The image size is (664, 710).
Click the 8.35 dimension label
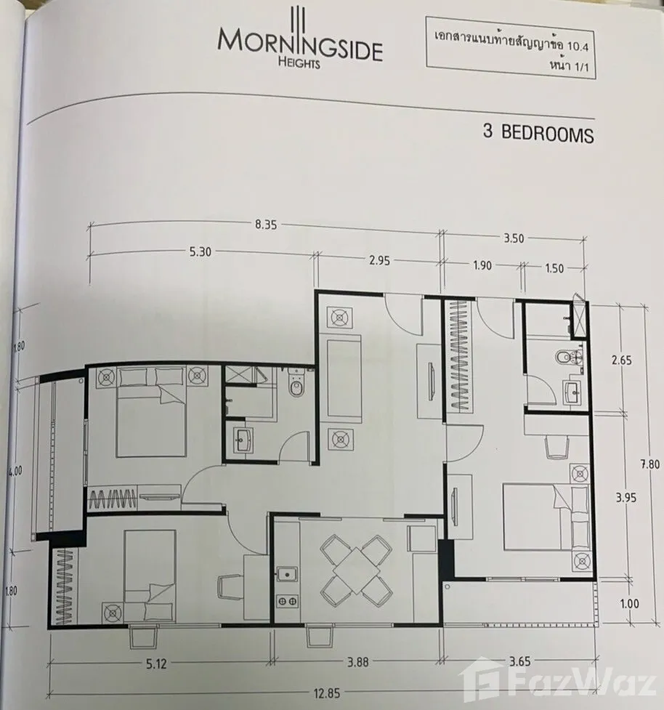(x=266, y=225)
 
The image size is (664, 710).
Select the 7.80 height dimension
(x=649, y=464)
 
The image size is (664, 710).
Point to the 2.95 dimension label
(x=378, y=261)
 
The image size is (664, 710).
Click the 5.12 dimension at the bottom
(x=156, y=663)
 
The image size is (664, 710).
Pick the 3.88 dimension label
(x=357, y=662)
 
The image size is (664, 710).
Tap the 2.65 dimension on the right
(x=621, y=360)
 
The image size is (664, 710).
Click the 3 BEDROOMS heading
(x=538, y=133)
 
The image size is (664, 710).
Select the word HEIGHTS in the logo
(x=299, y=63)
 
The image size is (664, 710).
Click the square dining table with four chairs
(x=357, y=570)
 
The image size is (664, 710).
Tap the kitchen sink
(x=286, y=575)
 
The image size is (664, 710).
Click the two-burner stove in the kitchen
(x=287, y=601)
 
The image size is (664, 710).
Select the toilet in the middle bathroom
(x=296, y=383)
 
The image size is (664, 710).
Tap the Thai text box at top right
(x=510, y=48)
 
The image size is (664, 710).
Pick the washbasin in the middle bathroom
(x=243, y=440)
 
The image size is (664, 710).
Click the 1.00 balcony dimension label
(x=629, y=604)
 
